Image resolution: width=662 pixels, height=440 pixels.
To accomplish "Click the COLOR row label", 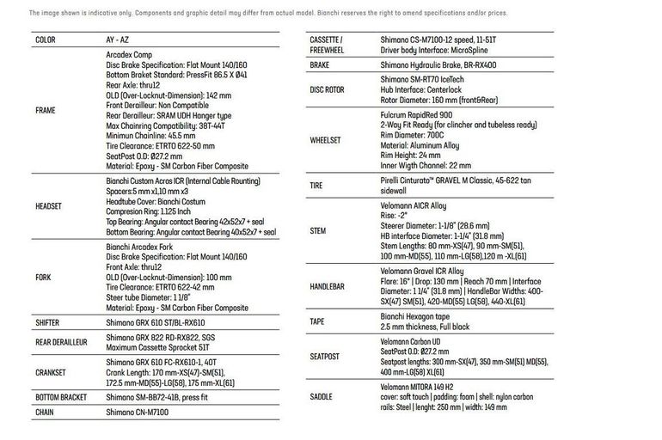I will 46,40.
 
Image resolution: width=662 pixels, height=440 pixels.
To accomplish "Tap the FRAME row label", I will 46,111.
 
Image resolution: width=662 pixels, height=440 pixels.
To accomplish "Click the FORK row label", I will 43,278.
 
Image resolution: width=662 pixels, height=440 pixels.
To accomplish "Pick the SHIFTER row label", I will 47,323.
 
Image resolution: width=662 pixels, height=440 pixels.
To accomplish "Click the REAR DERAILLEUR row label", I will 62,342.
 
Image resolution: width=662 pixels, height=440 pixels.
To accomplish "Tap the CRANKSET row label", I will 52,372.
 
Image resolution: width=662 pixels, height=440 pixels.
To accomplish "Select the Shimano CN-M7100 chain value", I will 138,412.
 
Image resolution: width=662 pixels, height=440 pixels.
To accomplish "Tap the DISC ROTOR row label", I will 327,89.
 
